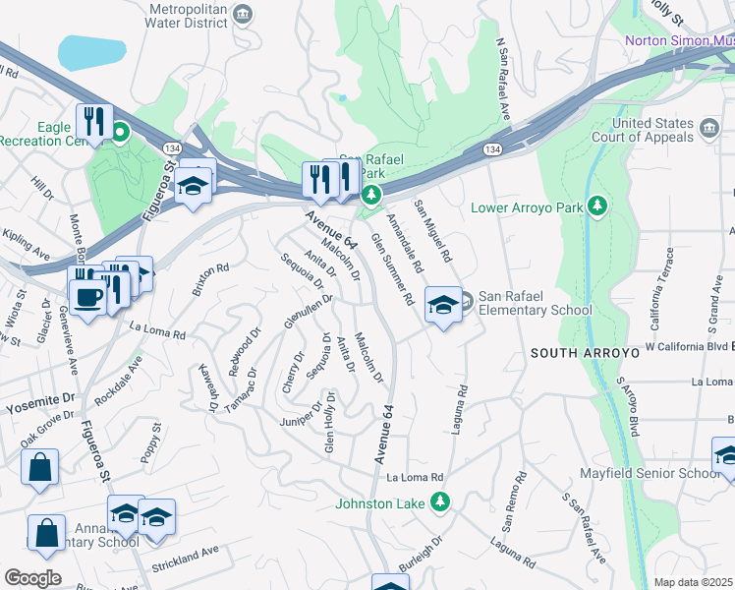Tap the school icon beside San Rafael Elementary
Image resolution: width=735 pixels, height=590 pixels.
(x=443, y=305)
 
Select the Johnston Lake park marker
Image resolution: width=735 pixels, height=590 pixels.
(x=442, y=501)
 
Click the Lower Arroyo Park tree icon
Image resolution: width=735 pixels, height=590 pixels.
(x=595, y=206)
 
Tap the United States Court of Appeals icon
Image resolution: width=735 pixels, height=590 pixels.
(x=708, y=128)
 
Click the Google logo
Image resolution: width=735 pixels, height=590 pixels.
(x=32, y=577)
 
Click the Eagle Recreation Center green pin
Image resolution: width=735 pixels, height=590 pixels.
(x=121, y=131)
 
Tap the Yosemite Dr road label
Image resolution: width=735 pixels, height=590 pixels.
(x=40, y=402)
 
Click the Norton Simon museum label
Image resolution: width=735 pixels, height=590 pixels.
(x=679, y=40)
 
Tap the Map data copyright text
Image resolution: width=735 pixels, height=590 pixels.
(x=694, y=582)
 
